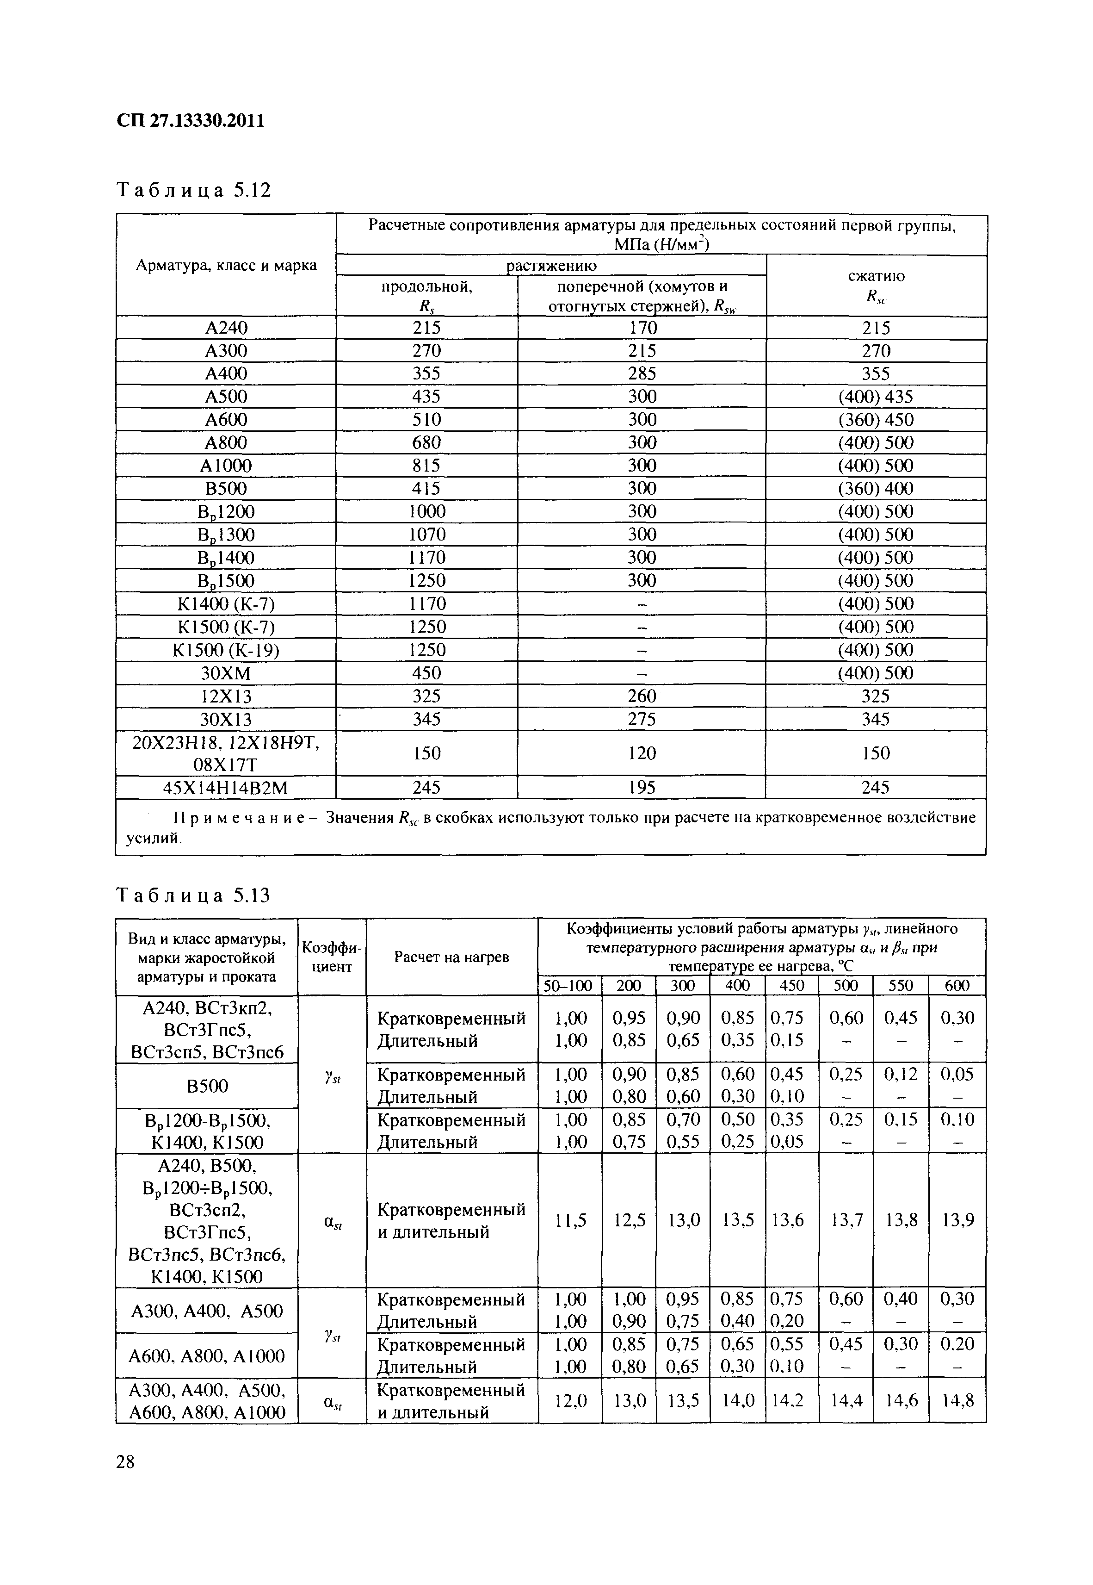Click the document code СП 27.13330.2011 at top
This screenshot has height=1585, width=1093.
(x=191, y=121)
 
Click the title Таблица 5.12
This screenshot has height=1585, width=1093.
(x=194, y=190)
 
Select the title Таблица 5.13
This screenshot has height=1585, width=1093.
(x=194, y=895)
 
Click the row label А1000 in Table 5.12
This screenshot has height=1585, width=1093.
(x=226, y=466)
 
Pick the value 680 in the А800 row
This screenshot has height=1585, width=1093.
(x=426, y=442)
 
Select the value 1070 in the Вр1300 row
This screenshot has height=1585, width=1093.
(x=426, y=534)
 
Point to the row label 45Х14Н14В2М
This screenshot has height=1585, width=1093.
(x=226, y=788)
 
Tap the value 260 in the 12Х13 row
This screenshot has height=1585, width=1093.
(x=642, y=696)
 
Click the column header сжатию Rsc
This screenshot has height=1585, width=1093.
(x=876, y=285)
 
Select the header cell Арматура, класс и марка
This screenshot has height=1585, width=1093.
(x=226, y=265)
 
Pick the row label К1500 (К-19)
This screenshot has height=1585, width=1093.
(x=226, y=649)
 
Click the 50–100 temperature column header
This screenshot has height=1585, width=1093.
(x=568, y=986)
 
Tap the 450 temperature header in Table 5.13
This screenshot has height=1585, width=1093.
(x=792, y=986)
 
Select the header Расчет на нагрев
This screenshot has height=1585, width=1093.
(x=451, y=957)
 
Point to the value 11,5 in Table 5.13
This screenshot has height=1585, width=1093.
(x=570, y=1220)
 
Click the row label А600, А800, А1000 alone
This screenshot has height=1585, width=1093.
(x=207, y=1355)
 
